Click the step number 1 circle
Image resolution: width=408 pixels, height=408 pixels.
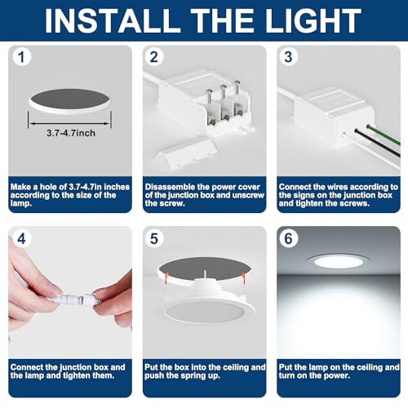tap(22, 58)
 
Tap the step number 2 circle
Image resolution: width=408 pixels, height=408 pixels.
tap(155, 58)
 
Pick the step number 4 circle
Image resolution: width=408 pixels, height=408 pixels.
tap(22, 239)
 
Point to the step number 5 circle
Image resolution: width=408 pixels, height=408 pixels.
tap(155, 239)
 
